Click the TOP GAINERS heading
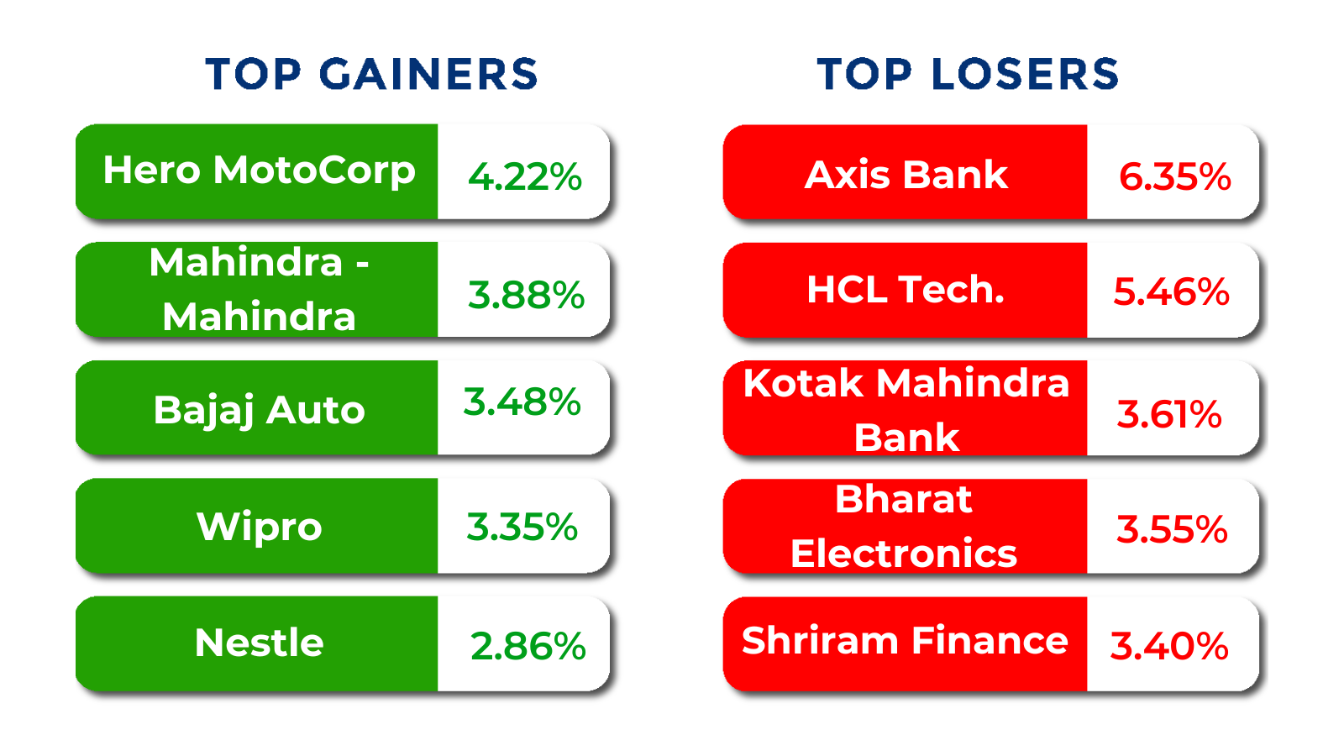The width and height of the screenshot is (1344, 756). click(x=371, y=75)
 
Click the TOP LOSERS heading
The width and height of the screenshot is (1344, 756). click(x=968, y=75)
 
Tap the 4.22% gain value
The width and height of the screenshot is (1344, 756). click(x=525, y=177)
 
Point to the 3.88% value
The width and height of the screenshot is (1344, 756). click(x=526, y=295)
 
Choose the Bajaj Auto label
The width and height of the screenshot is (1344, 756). click(x=260, y=412)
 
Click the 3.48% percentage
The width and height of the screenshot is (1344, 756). click(x=522, y=402)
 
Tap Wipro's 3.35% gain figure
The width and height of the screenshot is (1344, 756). click(x=522, y=528)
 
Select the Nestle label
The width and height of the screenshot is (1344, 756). click(x=260, y=643)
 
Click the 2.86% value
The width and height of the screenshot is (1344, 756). click(x=528, y=646)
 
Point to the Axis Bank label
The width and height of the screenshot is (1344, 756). click(x=906, y=176)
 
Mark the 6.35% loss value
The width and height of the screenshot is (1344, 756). click(x=1175, y=177)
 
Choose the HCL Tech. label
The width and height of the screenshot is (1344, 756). click(x=906, y=290)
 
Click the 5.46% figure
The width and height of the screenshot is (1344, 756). click(x=1171, y=292)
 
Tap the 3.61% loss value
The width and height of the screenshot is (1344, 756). click(x=1169, y=415)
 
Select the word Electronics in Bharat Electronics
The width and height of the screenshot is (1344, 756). click(x=904, y=554)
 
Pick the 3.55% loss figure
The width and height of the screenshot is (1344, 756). click(x=1172, y=530)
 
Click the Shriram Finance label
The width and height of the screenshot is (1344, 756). click(x=905, y=640)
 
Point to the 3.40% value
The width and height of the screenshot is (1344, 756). click(x=1169, y=646)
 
